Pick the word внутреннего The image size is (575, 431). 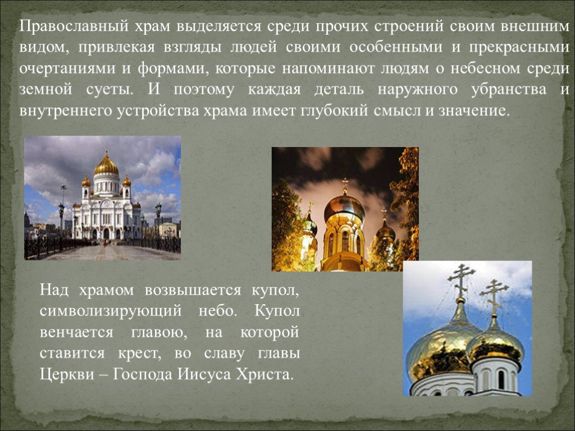click(x=66, y=110)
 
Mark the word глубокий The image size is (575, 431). click(x=331, y=110)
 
